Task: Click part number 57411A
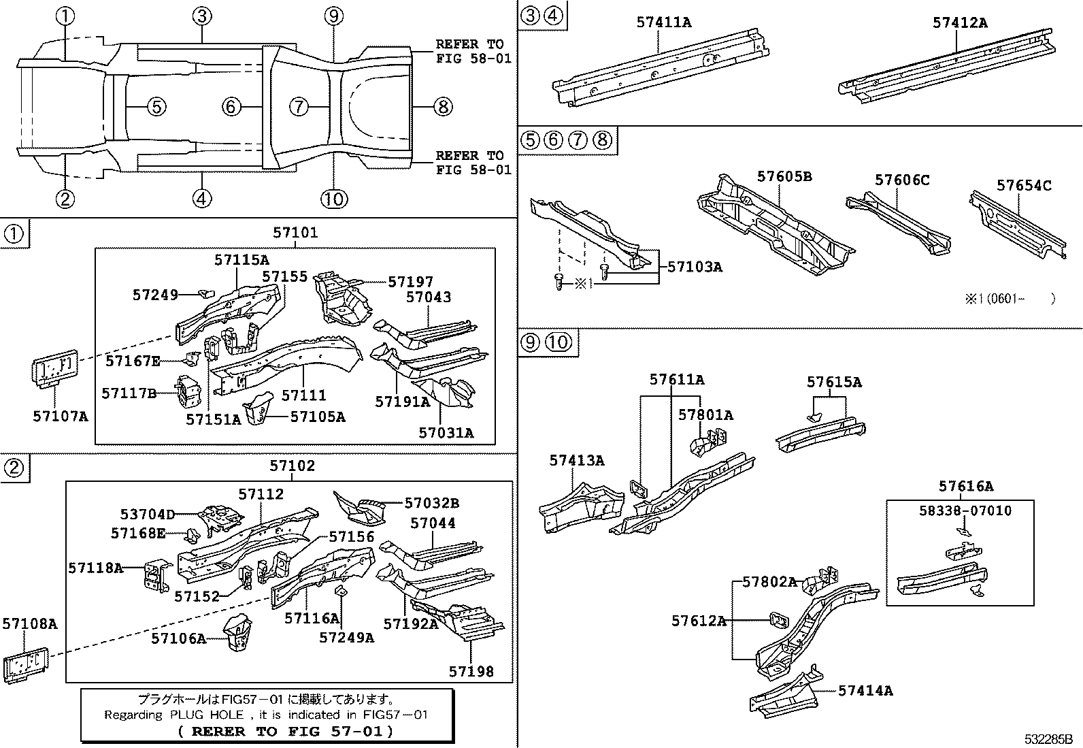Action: tap(663, 22)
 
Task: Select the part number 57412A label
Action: tap(960, 22)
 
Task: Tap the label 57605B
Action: tap(784, 177)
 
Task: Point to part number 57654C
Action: tap(1024, 185)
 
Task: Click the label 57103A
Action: tap(695, 267)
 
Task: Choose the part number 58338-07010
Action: tap(960, 510)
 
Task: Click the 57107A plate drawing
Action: tap(54, 370)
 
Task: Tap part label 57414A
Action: tap(865, 691)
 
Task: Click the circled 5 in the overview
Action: tap(156, 106)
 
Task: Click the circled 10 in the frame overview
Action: tap(334, 199)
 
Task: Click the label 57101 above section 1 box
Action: tap(295, 233)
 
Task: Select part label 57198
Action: tap(471, 672)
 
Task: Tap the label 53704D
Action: tap(148, 514)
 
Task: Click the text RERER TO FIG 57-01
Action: tap(285, 731)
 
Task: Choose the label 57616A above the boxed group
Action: tap(966, 486)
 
